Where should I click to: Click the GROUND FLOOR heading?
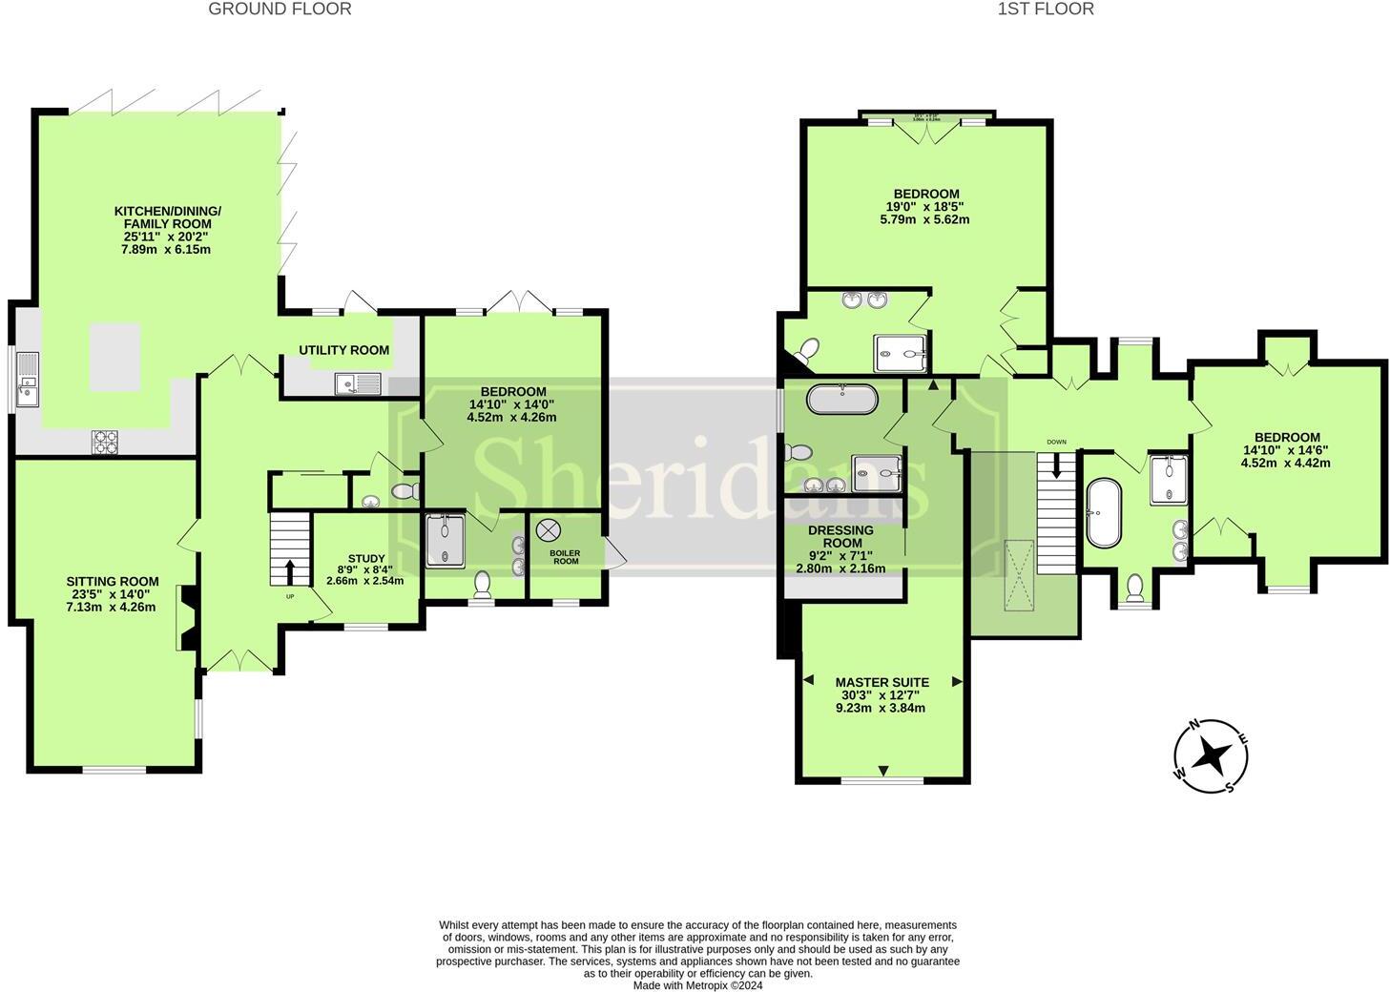280,9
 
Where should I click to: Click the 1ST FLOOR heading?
1046,9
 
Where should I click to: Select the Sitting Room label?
113,593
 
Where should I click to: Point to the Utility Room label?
344,350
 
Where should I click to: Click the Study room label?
365,569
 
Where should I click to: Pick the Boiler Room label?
566,557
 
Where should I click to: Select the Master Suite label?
882,694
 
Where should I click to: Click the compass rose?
1212,755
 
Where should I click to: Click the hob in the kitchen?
105,441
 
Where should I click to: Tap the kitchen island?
114,357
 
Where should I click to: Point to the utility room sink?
358,383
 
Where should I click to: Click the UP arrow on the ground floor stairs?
289,571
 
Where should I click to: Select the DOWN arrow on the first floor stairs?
1056,465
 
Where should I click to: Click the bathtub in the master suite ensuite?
841,398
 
